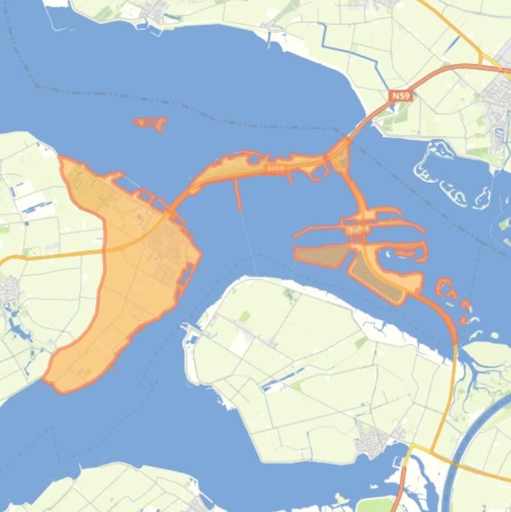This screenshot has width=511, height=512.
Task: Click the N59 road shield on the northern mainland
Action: click(x=401, y=96)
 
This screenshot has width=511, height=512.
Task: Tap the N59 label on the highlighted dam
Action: click(x=276, y=170)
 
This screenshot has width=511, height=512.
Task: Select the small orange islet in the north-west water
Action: click(x=151, y=124)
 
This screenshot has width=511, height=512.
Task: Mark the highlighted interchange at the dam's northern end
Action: click(x=340, y=156)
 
